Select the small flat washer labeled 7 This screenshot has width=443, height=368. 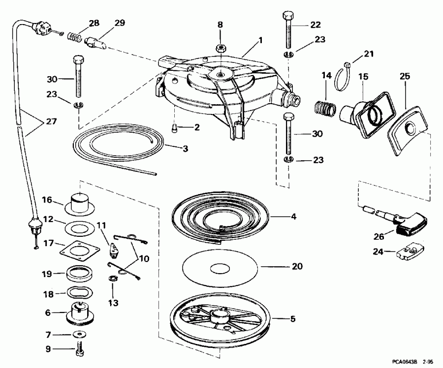point(78,334)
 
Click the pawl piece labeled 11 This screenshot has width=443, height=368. point(114,248)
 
